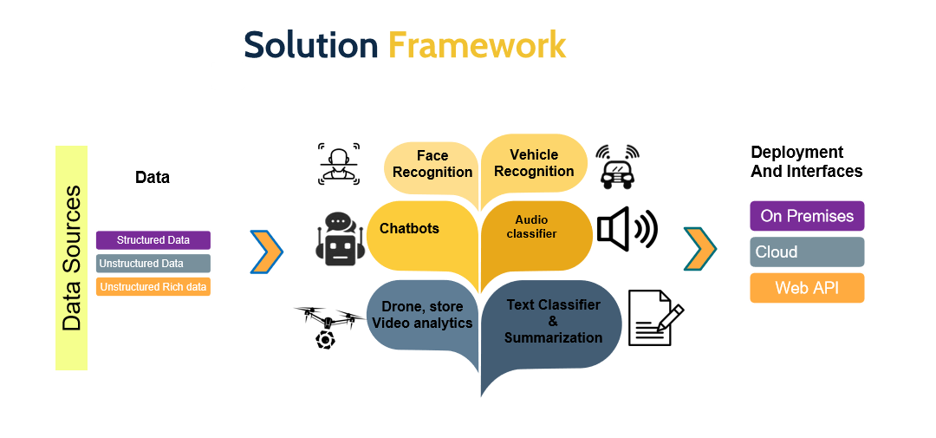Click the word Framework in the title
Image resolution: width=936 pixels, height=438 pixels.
(477, 45)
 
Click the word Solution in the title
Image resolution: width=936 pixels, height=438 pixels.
(310, 45)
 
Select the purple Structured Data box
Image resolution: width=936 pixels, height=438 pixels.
(153, 240)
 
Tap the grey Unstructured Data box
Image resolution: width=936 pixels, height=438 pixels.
(153, 264)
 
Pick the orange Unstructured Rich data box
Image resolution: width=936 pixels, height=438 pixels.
(153, 286)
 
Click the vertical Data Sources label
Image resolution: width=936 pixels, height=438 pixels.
(72, 258)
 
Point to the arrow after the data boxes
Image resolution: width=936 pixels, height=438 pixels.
(267, 252)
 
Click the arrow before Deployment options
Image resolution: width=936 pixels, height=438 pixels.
(700, 249)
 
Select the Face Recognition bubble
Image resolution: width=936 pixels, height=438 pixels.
(432, 164)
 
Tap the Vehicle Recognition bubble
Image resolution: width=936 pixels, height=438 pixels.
(534, 163)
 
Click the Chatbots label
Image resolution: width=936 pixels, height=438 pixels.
(410, 229)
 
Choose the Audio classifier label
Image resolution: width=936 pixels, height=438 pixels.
(531, 227)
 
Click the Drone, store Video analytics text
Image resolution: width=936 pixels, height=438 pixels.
(422, 315)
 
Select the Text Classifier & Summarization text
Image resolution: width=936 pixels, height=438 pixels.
(553, 321)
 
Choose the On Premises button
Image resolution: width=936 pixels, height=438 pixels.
(807, 216)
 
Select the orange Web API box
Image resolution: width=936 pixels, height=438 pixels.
(807, 288)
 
